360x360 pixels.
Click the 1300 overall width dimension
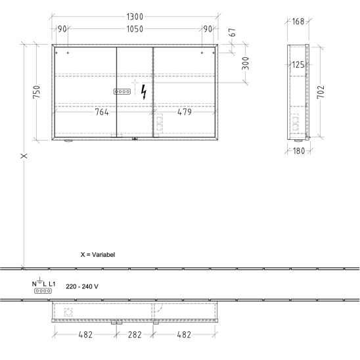135,16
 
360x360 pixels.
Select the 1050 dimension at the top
135,29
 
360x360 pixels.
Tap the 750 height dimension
37,92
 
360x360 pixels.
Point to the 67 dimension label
233,32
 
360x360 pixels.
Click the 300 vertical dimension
245,63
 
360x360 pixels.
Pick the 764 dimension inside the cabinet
102,112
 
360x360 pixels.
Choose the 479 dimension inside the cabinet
185,112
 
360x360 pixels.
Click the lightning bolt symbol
144,92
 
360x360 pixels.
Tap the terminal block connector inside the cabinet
122,91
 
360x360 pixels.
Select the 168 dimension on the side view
298,22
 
